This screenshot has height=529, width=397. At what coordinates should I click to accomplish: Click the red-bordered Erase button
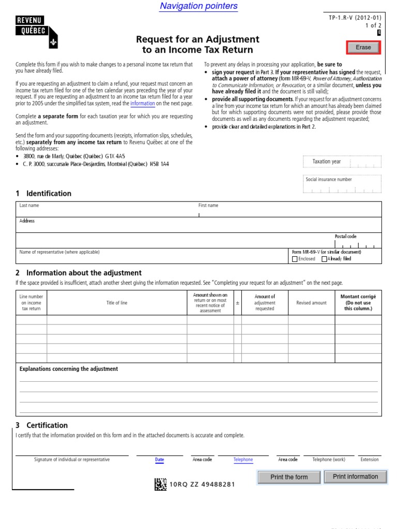(363, 48)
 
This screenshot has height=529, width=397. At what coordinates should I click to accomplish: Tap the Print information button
(355, 477)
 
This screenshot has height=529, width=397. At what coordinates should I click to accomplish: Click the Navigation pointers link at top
(198, 6)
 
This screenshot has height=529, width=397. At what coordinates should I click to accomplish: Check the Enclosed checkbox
(295, 259)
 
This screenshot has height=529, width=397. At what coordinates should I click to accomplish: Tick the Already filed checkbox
(324, 259)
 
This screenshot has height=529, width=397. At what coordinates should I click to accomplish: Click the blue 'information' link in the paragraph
(143, 103)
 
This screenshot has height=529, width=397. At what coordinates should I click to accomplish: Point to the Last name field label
(29, 206)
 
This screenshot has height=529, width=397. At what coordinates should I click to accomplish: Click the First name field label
(208, 206)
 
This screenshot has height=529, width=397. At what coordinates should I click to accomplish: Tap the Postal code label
(345, 237)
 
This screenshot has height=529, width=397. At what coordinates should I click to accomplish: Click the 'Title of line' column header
(117, 303)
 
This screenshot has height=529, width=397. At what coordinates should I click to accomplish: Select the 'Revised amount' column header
(311, 303)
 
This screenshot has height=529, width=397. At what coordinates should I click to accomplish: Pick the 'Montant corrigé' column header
(358, 297)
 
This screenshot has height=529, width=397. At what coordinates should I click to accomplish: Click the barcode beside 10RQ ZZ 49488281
(160, 484)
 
